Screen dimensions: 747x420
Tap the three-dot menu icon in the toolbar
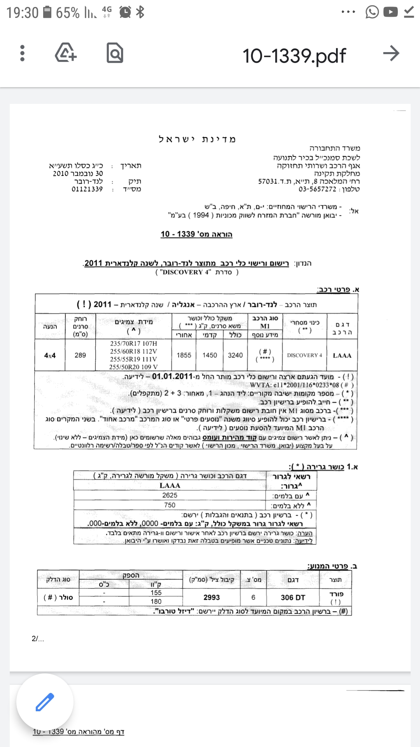22,53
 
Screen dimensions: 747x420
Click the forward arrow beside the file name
391,53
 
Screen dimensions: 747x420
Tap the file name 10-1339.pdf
294,56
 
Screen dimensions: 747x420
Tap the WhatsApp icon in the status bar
372,12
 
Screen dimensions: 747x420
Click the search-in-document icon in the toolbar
115,53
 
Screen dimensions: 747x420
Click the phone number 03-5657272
317,189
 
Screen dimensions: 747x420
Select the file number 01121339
87,189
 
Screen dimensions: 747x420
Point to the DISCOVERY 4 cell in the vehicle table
304,355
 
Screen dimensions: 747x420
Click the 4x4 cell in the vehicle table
50,355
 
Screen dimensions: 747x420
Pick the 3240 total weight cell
235,355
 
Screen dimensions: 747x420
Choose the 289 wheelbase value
80,355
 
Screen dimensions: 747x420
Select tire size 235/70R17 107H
133,344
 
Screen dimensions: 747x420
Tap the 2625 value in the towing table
170,495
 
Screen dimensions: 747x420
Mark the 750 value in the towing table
170,505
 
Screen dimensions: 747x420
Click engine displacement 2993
212,597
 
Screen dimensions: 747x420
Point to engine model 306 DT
293,597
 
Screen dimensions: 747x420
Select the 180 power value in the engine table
156,601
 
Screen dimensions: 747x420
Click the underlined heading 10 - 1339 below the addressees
196,234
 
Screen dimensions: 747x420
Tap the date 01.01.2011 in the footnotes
172,376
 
